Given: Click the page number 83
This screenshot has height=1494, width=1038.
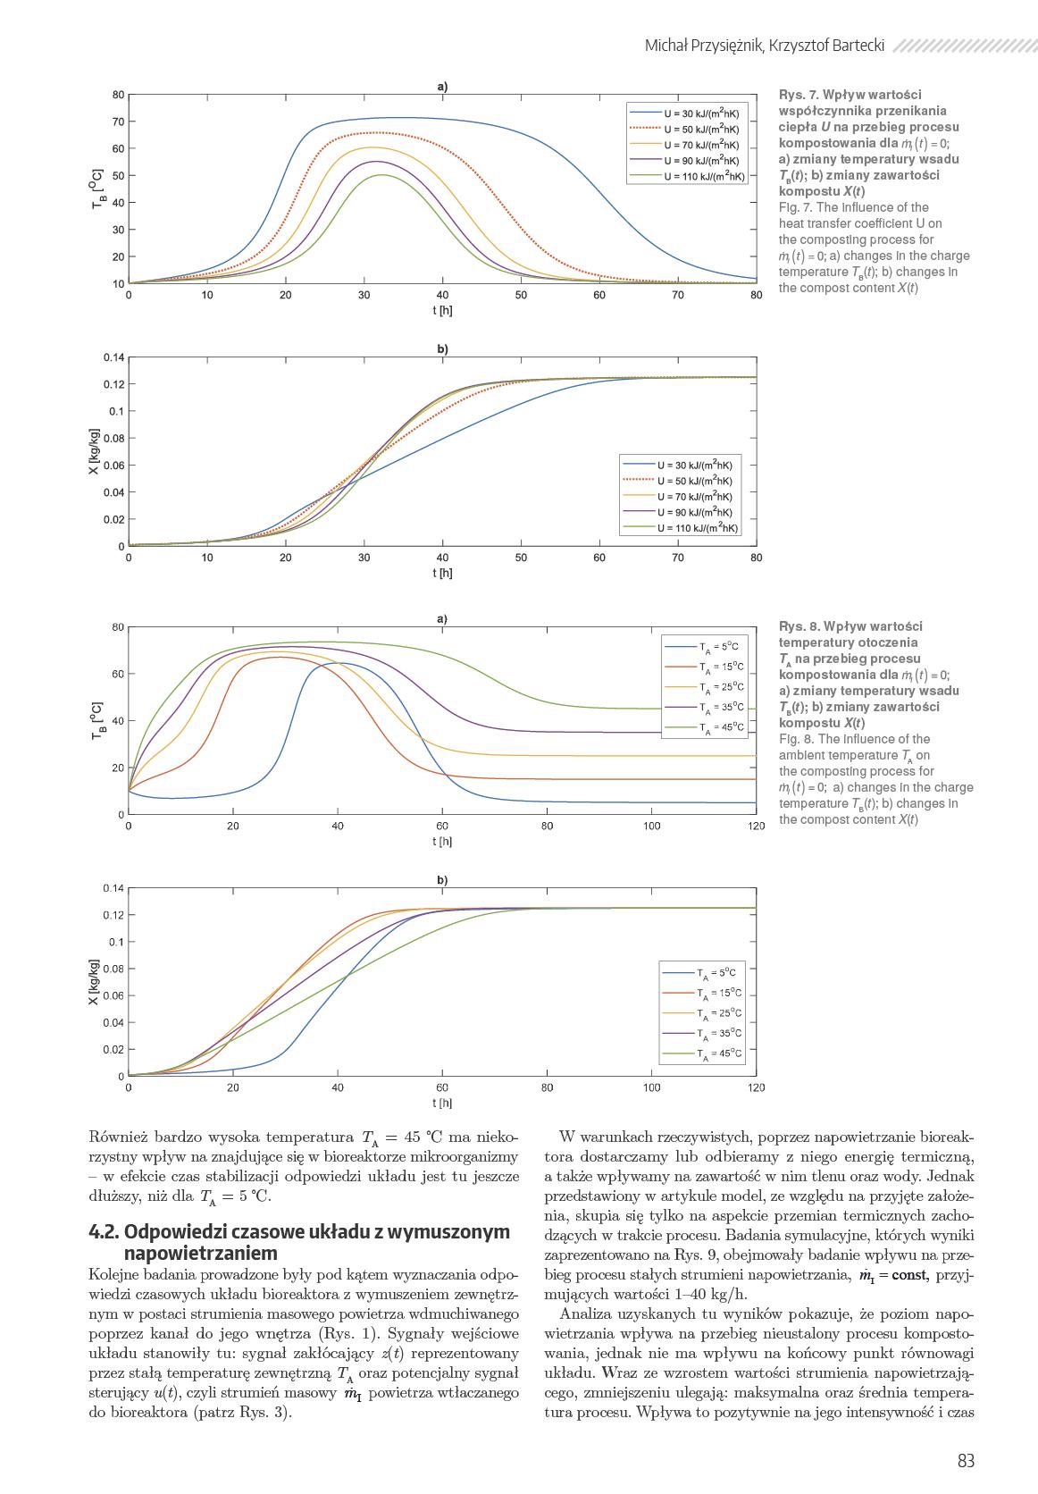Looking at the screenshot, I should [x=966, y=1461].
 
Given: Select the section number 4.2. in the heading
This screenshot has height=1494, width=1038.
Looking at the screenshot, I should [x=108, y=1232].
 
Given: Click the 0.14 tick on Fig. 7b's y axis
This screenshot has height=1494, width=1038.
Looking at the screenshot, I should [x=113, y=357].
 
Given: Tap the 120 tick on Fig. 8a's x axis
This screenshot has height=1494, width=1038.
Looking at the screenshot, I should [x=756, y=827].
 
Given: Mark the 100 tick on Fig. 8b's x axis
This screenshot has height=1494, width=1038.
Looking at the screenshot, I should [x=651, y=1087].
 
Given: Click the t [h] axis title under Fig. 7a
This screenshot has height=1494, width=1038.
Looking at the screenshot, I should [x=442, y=310].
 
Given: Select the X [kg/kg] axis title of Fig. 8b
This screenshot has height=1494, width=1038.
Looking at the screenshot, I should [x=93, y=982].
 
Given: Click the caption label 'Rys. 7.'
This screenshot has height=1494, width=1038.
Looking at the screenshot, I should [x=799, y=95].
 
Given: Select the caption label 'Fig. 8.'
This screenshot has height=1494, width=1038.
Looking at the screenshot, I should [x=796, y=739].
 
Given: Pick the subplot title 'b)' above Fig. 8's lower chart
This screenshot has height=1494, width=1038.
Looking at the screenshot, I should [x=442, y=880].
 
